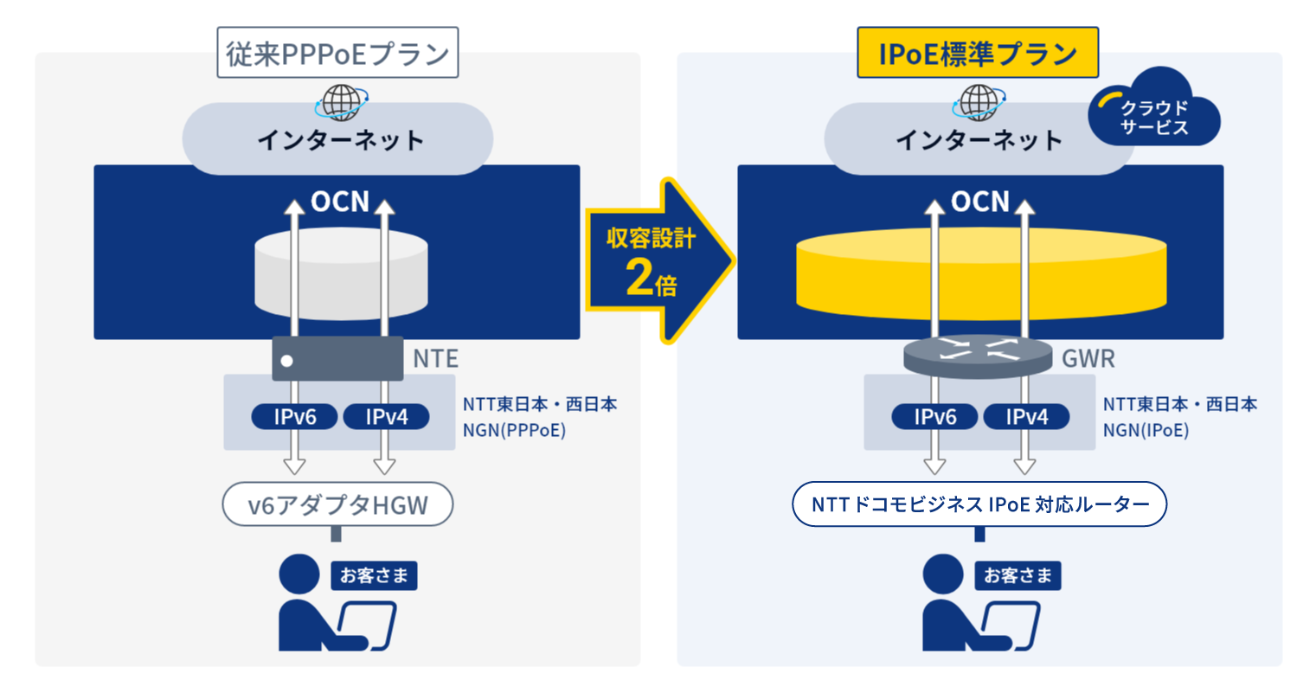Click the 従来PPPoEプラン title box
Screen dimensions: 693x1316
coord(337,53)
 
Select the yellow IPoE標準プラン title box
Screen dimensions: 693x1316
coord(978,53)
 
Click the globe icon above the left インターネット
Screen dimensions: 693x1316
coord(342,102)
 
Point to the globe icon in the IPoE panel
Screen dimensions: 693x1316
coord(979,102)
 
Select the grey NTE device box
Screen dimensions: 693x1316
coord(337,359)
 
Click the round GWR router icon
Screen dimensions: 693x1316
coord(978,356)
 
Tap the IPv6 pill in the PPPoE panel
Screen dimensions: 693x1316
coord(295,417)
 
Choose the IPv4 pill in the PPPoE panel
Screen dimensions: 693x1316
coord(386,417)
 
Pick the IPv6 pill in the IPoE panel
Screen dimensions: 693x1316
coord(934,417)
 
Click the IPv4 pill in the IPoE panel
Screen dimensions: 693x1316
coord(1026,417)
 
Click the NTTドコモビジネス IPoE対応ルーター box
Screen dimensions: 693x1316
coord(979,504)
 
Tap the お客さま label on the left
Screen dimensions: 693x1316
coord(374,575)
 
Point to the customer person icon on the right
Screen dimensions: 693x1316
coord(952,606)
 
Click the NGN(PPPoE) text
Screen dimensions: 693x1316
coord(514,430)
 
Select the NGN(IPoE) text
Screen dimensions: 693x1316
coord(1146,430)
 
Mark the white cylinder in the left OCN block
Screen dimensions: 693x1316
coord(341,277)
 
